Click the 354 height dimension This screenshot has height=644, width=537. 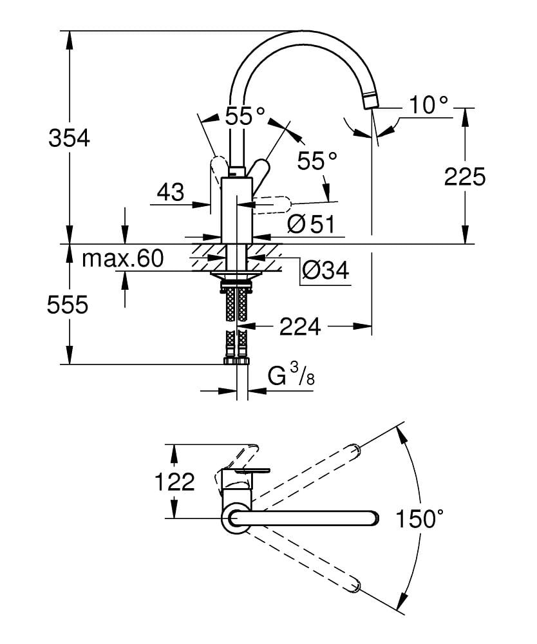[70, 138]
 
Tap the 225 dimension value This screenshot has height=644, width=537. [465, 176]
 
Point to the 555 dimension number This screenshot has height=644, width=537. [67, 305]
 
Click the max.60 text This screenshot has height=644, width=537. [123, 259]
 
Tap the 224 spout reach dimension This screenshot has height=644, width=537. [299, 327]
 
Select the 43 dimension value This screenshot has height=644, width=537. [170, 192]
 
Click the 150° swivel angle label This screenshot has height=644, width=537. [420, 518]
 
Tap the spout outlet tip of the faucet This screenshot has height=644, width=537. [370, 102]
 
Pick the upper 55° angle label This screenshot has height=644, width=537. [245, 116]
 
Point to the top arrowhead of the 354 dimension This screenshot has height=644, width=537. [69, 36]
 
